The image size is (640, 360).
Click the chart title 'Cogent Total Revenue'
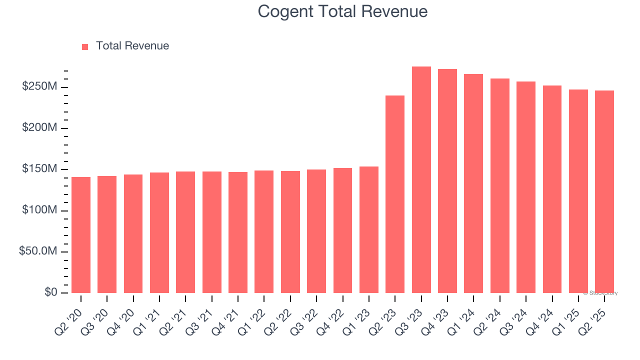[x=342, y=11]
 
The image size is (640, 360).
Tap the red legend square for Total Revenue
[x=85, y=46]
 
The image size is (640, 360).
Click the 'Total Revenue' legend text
[x=132, y=46]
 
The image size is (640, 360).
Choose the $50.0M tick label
[x=38, y=251]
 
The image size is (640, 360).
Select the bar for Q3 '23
[x=421, y=179]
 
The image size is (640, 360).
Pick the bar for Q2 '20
[x=81, y=234]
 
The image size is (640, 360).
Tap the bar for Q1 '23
[x=369, y=229]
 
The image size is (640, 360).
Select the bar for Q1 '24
[x=473, y=183]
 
